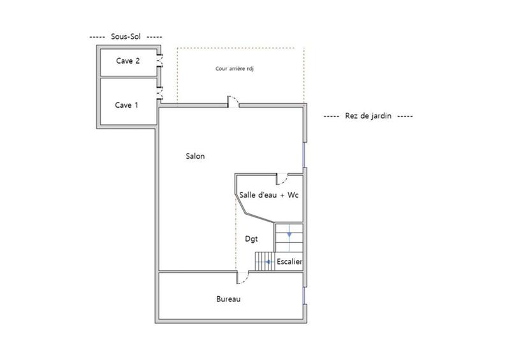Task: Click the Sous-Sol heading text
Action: pyautogui.click(x=126, y=37)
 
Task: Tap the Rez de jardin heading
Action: pyautogui.click(x=368, y=117)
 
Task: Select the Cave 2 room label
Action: pyautogui.click(x=128, y=61)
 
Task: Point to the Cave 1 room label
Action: pyautogui.click(x=126, y=105)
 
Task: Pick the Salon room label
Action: pyautogui.click(x=195, y=156)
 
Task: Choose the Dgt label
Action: pyautogui.click(x=252, y=239)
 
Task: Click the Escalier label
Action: pyautogui.click(x=289, y=261)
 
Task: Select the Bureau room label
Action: pyautogui.click(x=228, y=299)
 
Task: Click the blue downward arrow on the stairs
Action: pyautogui.click(x=289, y=234)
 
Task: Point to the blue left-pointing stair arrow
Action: pyautogui.click(x=270, y=261)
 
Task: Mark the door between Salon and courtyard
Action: pyautogui.click(x=233, y=102)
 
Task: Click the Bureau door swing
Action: pyautogui.click(x=243, y=278)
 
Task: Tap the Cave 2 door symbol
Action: pyautogui.click(x=160, y=62)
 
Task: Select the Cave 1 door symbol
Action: pyautogui.click(x=160, y=94)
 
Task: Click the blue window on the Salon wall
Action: pyautogui.click(x=304, y=154)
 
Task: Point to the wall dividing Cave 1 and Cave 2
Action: pyautogui.click(x=127, y=77)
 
